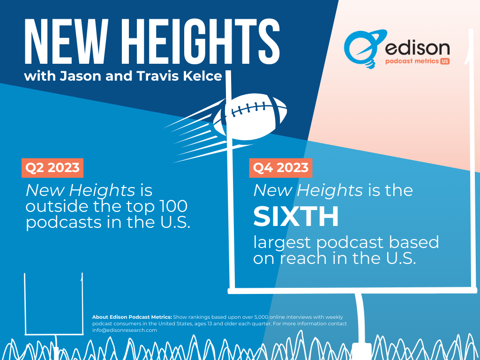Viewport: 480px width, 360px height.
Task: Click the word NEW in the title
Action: click(x=67, y=41)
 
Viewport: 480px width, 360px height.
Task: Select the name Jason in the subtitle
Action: click(x=81, y=76)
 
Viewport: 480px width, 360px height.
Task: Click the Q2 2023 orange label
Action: click(x=52, y=168)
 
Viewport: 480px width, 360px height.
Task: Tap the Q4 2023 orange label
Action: click(x=281, y=168)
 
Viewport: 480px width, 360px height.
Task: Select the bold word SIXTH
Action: click(x=296, y=216)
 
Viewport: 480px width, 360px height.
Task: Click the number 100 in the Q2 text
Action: click(x=174, y=206)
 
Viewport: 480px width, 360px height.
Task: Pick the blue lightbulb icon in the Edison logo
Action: click(x=364, y=49)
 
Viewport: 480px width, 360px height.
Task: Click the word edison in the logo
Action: click(x=417, y=48)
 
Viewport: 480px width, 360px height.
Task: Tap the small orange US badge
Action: click(x=445, y=61)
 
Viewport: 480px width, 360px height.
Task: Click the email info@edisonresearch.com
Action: click(x=125, y=330)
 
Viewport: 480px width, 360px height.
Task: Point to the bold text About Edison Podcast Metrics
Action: click(x=132, y=317)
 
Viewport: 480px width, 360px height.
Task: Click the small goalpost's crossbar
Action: click(x=54, y=334)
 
